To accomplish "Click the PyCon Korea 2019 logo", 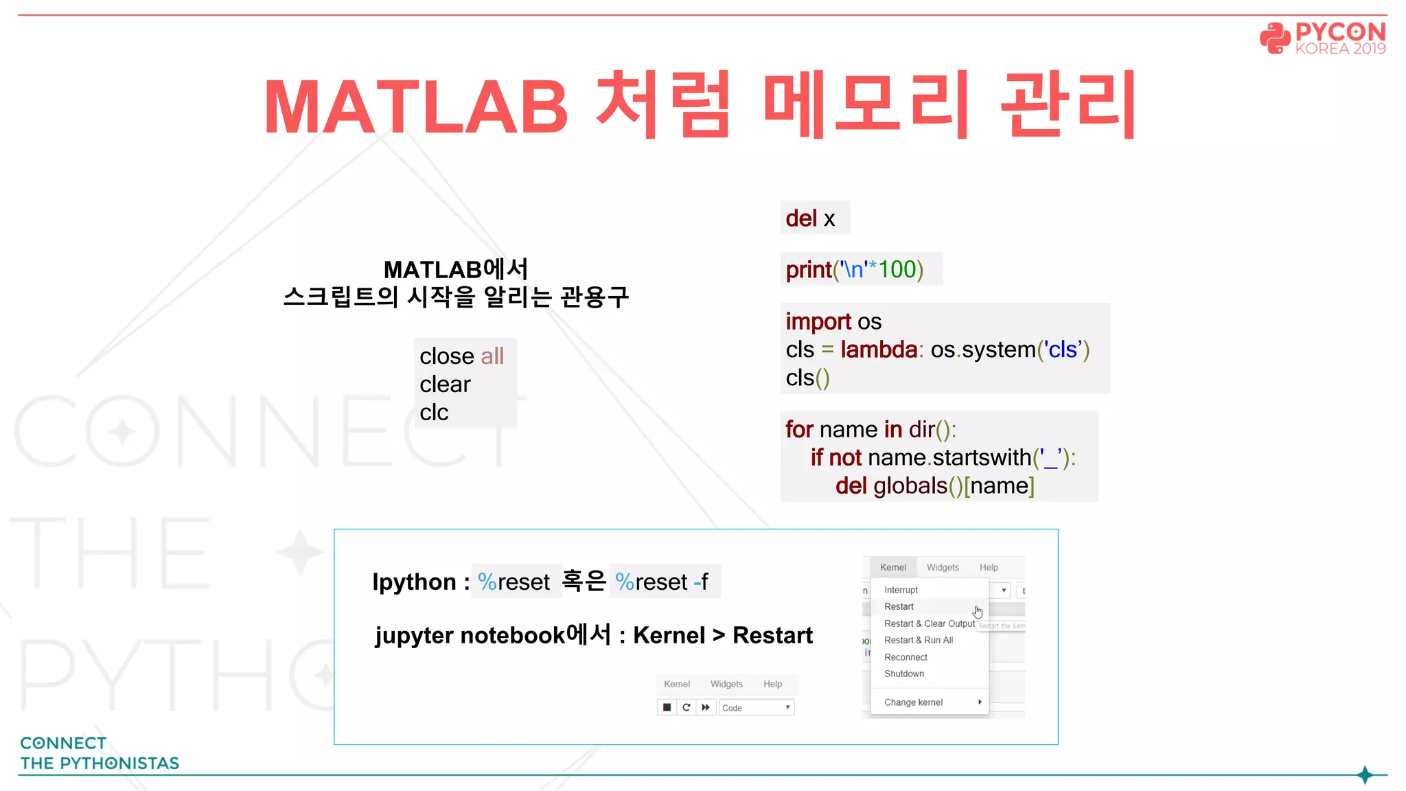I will point(1322,38).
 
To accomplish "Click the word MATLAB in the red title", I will point(416,107).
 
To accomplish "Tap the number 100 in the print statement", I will point(897,269).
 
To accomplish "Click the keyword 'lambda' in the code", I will point(879,349).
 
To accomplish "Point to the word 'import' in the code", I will point(818,321).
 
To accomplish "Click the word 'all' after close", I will point(492,356).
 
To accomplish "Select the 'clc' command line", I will point(434,412).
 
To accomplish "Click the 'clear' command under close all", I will point(445,384).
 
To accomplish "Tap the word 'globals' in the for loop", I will point(910,485).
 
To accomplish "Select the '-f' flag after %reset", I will point(701,582).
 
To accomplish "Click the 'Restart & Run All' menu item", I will point(919,640).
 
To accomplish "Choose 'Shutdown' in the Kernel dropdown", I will point(904,674).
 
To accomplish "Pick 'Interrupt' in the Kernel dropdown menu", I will point(901,590).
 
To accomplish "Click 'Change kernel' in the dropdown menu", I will point(913,702).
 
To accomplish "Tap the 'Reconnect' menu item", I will point(906,657).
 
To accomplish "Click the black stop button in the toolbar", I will point(667,707).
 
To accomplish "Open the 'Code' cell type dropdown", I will point(756,708).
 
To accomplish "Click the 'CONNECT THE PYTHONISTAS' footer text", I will point(100,753).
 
